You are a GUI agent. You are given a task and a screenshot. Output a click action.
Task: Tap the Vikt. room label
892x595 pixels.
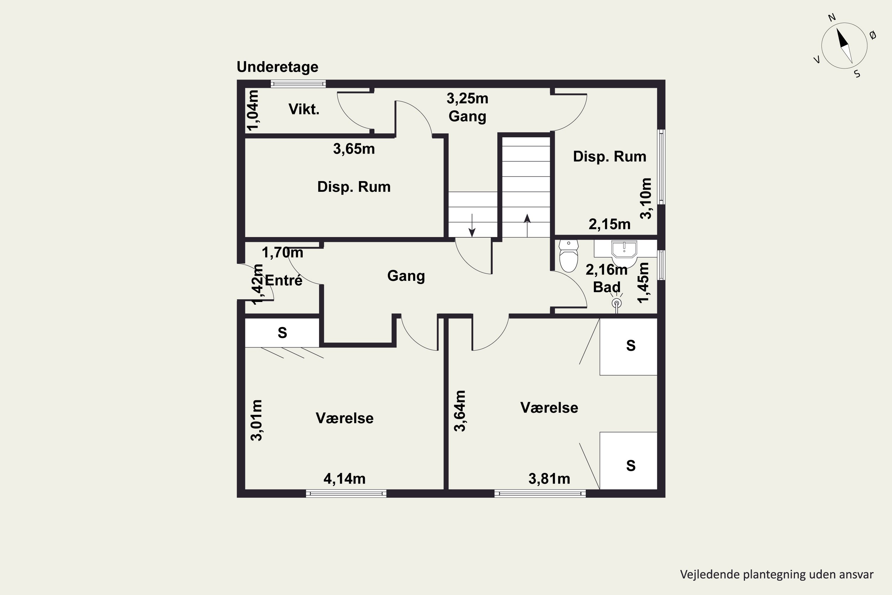[x=304, y=109]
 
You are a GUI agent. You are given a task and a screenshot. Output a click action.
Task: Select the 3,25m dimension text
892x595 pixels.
[x=467, y=99]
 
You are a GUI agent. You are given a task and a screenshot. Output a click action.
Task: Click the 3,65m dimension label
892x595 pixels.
[x=354, y=149]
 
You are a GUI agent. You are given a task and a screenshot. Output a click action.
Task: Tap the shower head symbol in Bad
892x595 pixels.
[x=617, y=303]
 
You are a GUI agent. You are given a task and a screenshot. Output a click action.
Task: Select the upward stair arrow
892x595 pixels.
[x=527, y=226]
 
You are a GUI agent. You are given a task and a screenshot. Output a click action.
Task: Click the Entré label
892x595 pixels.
[x=284, y=281]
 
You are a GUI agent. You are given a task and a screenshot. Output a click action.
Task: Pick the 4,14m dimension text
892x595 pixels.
[x=344, y=479]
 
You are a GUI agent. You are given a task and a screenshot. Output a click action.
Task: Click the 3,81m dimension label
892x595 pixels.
[x=549, y=479]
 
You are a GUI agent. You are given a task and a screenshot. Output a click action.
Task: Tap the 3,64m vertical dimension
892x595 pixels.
[x=460, y=411]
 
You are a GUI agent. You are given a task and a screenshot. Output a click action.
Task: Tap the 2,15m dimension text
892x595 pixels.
[x=610, y=225]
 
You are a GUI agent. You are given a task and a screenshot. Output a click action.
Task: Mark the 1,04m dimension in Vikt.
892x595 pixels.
[x=253, y=110]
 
